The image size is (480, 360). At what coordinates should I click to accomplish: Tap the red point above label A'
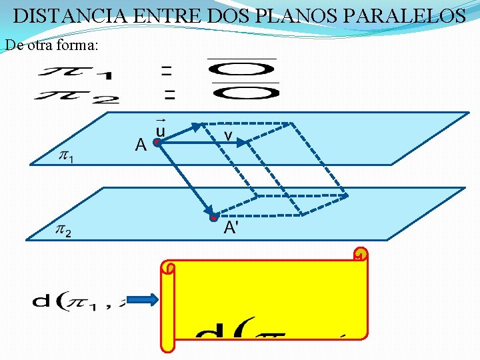213,217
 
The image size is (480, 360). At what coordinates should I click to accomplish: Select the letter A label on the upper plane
141,144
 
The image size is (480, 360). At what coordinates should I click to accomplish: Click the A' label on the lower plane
231,228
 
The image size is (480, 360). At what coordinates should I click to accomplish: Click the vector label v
228,137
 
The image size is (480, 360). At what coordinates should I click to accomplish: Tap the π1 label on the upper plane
67,157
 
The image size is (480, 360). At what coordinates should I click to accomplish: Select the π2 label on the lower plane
64,231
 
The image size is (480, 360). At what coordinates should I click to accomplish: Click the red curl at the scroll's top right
360,257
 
